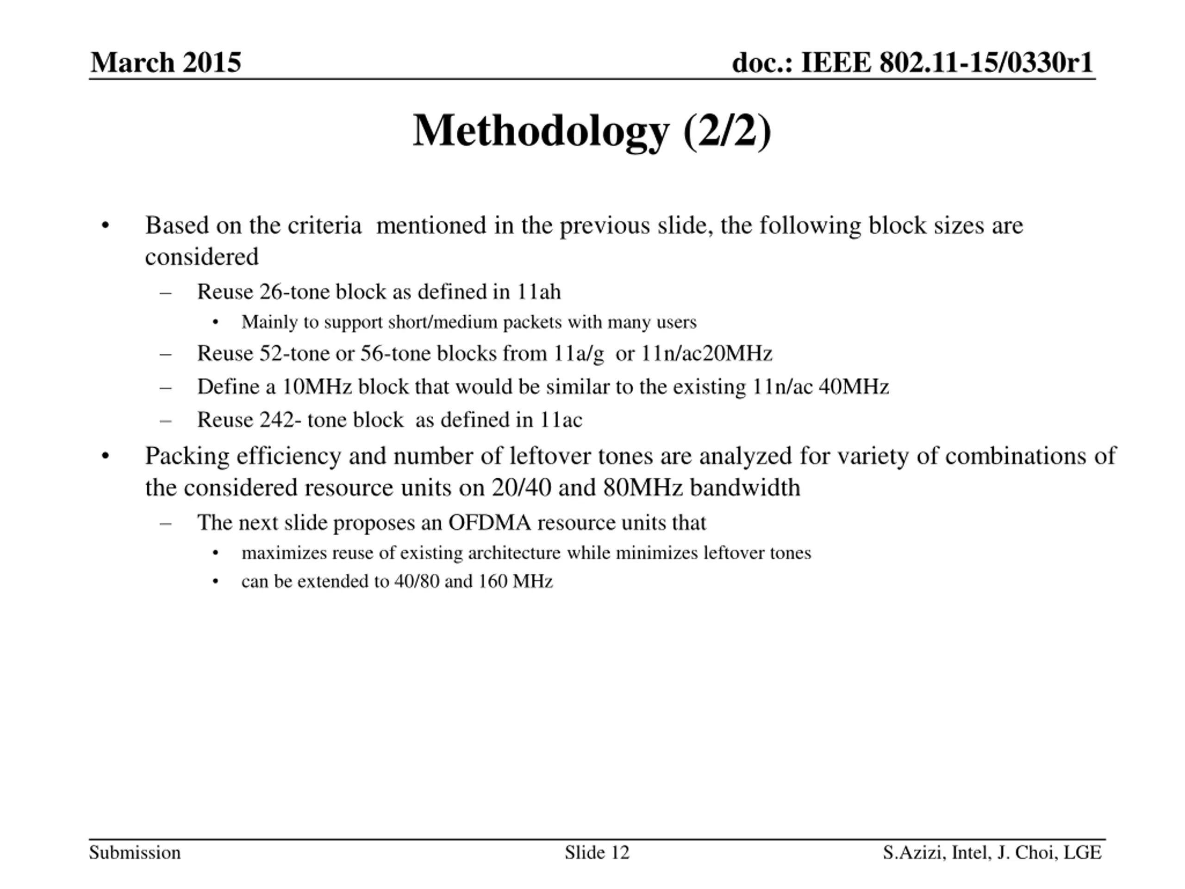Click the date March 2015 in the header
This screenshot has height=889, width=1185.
pyautogui.click(x=166, y=63)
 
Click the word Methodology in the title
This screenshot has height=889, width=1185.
pyautogui.click(x=541, y=131)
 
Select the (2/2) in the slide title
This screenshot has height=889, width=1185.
pyautogui.click(x=727, y=131)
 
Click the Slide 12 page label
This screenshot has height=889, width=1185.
pyautogui.click(x=597, y=852)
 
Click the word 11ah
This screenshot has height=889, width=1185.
pyautogui.click(x=538, y=292)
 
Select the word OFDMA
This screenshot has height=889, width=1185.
pyautogui.click(x=490, y=522)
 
